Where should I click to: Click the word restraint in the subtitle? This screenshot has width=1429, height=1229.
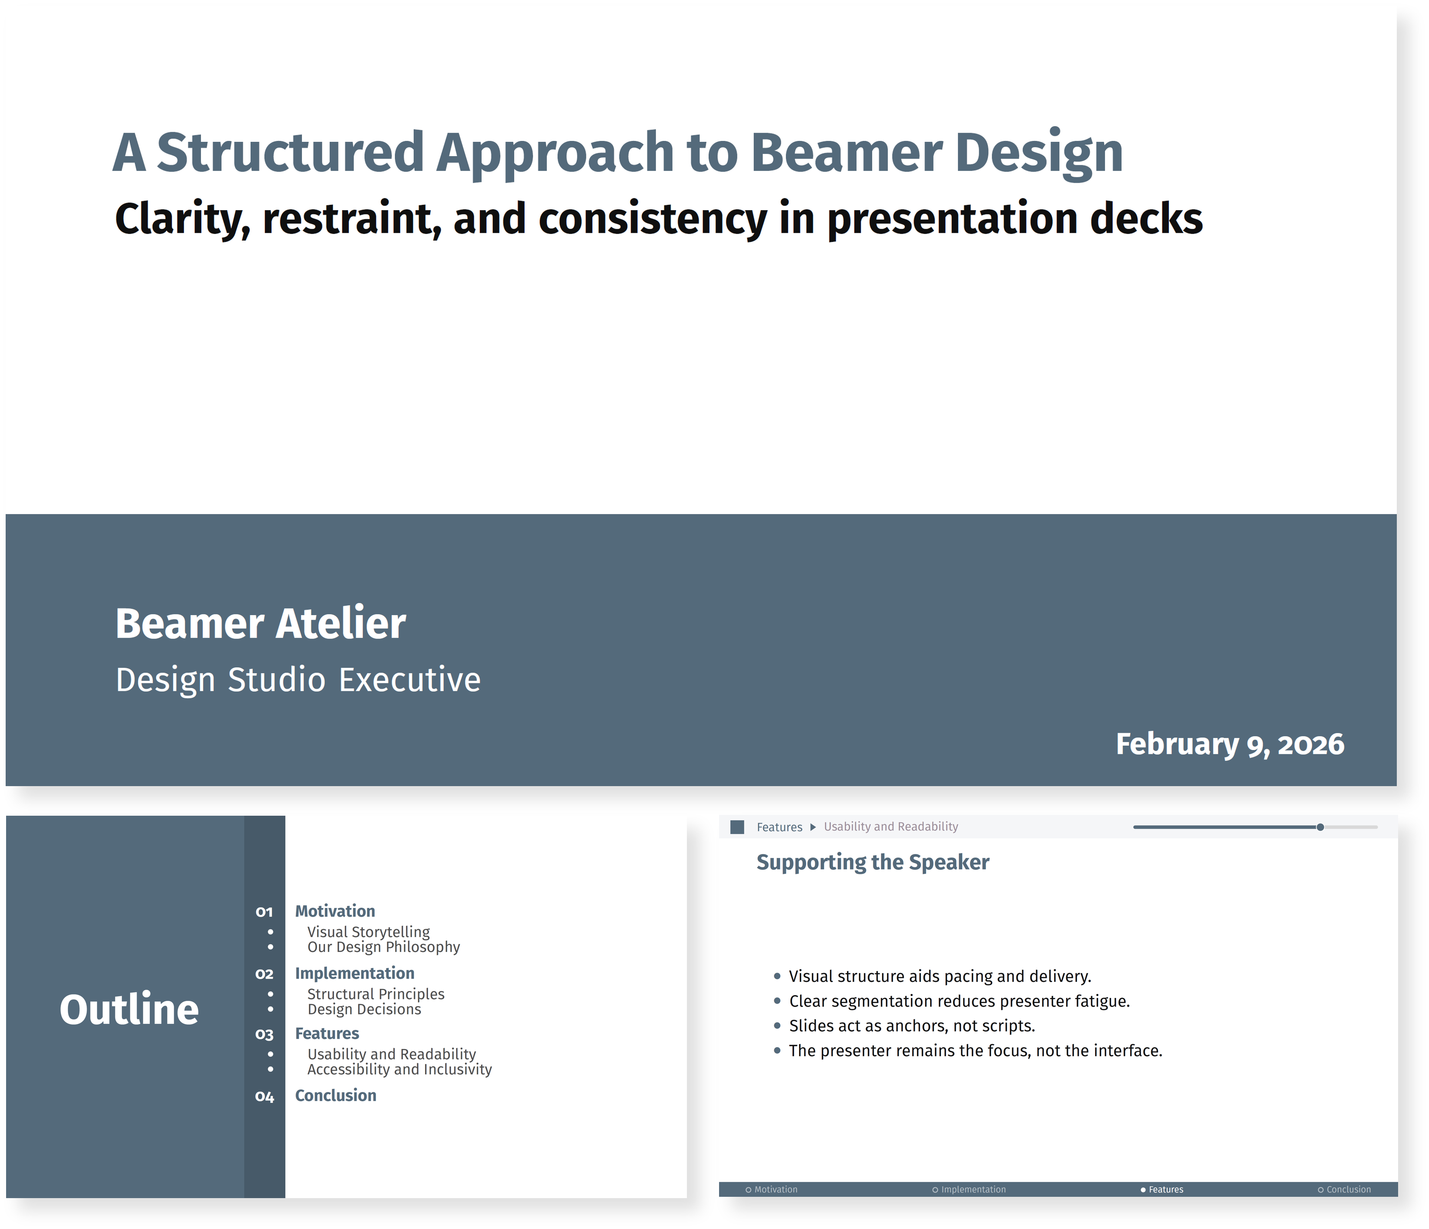coord(352,219)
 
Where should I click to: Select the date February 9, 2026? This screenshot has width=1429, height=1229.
coord(1230,744)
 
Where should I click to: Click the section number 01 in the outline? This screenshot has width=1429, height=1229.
coord(264,912)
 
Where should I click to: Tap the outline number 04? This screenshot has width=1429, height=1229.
coord(264,1097)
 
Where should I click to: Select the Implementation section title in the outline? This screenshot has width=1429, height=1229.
coord(355,973)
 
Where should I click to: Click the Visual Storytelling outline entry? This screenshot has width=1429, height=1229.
coord(368,932)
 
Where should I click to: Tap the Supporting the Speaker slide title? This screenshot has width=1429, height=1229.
coord(873,862)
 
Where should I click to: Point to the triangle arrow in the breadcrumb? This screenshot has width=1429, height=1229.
coord(813,827)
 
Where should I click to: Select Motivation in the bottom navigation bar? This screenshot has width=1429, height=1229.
coord(775,1190)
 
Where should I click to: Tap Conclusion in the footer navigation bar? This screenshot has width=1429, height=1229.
coord(1349,1190)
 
